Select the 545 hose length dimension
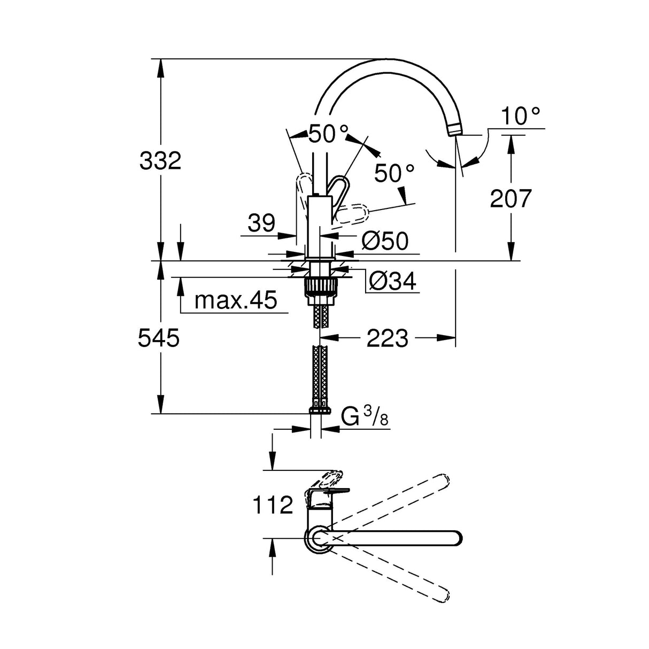(159, 338)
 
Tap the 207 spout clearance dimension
(511, 198)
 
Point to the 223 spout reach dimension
(387, 338)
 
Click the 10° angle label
(521, 115)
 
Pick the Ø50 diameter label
(385, 242)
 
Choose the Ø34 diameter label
(393, 281)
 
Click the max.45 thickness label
(236, 300)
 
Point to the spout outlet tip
(453, 129)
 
